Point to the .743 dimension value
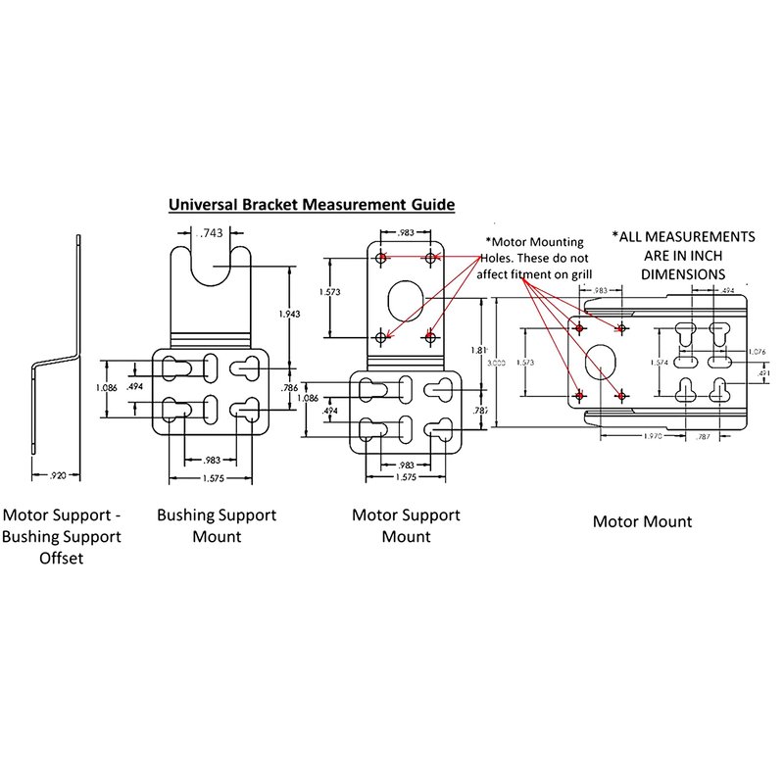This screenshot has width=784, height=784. tap(210, 234)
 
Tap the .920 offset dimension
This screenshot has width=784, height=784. tap(56, 476)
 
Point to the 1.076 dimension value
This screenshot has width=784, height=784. tap(757, 351)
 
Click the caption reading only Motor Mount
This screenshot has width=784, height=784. tap(642, 521)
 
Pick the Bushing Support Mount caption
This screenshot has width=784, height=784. tap(217, 525)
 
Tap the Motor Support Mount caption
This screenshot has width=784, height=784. tap(405, 525)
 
